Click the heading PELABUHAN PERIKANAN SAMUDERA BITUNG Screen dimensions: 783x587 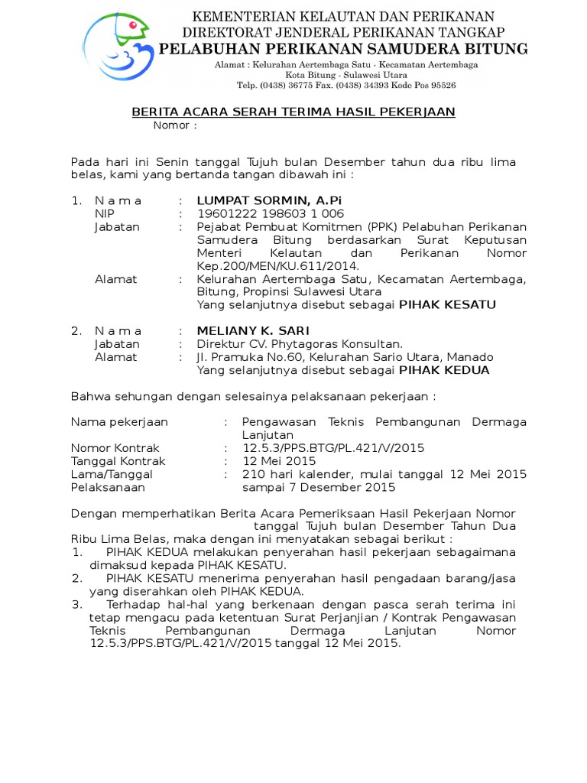343,50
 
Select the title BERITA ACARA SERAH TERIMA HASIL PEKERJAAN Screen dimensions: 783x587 293,112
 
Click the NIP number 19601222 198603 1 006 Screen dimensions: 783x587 271,214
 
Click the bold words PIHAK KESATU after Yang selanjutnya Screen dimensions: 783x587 448,305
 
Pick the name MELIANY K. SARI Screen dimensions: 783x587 253,331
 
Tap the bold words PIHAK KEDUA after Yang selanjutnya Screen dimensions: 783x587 444,370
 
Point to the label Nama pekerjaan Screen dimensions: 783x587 120,422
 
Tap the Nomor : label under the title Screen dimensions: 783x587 175,125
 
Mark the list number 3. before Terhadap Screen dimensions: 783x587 77,604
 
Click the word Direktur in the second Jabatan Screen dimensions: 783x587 220,344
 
